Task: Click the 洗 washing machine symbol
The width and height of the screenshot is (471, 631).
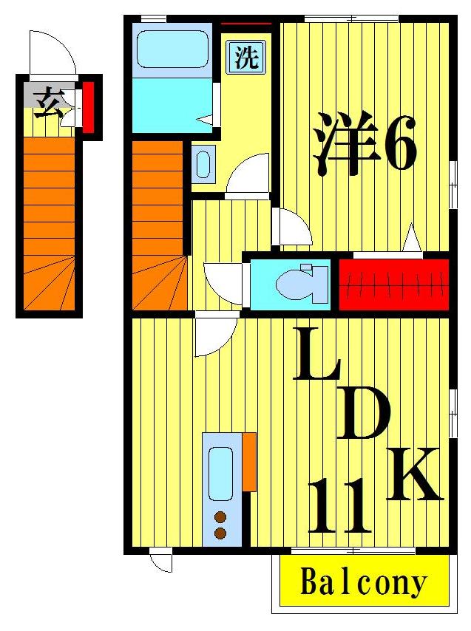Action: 246,58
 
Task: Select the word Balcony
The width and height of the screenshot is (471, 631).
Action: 364,583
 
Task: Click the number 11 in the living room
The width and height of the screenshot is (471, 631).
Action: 339,506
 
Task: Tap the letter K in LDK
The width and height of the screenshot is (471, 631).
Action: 414,474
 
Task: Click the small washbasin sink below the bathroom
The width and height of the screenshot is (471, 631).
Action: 204,163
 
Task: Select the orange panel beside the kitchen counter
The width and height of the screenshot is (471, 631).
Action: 249,462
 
